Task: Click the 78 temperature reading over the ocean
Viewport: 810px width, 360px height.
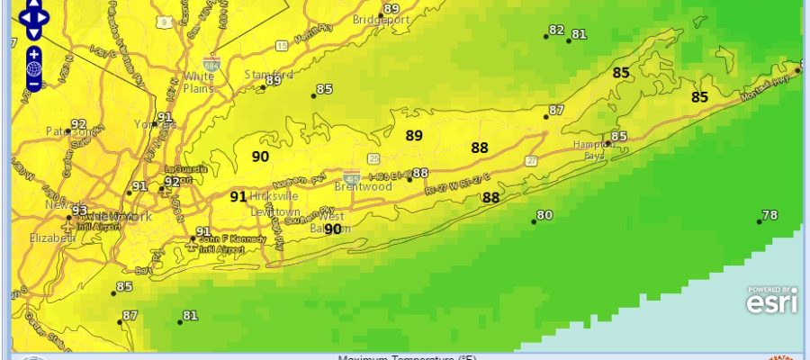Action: click(x=769, y=215)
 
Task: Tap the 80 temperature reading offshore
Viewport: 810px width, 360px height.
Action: click(x=544, y=215)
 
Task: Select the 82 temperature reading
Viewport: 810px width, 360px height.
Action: click(x=556, y=31)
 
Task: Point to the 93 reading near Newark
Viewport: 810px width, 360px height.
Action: click(x=80, y=211)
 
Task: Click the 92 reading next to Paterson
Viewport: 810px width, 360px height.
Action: click(x=78, y=125)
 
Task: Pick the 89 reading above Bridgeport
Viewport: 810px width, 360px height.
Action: click(x=391, y=9)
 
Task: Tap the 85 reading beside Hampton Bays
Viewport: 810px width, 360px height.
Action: click(x=618, y=137)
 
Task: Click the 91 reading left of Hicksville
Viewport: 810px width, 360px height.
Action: click(x=238, y=196)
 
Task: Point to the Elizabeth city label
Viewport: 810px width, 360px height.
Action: click(x=50, y=238)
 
